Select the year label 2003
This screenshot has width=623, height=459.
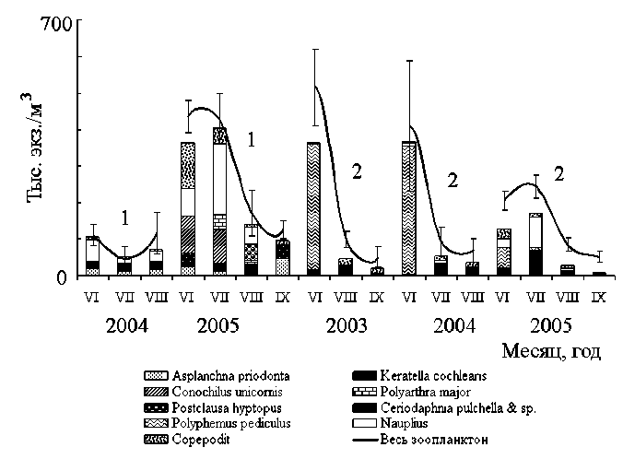[x=347, y=325]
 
